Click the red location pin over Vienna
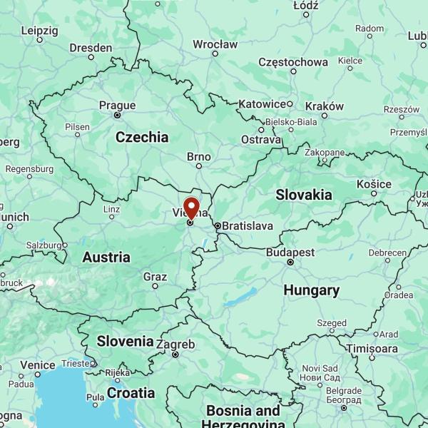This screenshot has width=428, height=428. click(x=191, y=208)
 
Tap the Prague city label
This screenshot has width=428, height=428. click(x=117, y=106)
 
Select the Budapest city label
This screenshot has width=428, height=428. click(x=290, y=253)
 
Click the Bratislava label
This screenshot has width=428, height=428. click(x=248, y=226)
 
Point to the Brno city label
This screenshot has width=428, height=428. click(x=199, y=156)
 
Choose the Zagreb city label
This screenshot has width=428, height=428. click(x=175, y=344)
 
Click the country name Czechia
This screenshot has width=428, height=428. click(x=142, y=137)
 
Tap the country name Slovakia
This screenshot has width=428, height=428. click(x=304, y=194)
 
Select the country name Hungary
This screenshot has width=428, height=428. click(x=311, y=290)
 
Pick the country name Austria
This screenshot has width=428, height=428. click(x=106, y=257)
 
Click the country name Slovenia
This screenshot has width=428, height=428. click(x=126, y=341)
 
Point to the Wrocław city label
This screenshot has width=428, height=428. click(x=215, y=44)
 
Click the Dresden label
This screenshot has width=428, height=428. click(x=91, y=48)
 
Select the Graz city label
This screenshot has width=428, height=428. click(x=155, y=277)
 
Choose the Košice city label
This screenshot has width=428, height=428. click(x=374, y=183)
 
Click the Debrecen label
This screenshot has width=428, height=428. click(x=387, y=253)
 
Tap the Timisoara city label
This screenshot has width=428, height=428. click(x=372, y=348)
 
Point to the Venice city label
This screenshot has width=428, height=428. click(x=37, y=365)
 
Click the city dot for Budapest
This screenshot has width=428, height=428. click(x=290, y=263)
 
